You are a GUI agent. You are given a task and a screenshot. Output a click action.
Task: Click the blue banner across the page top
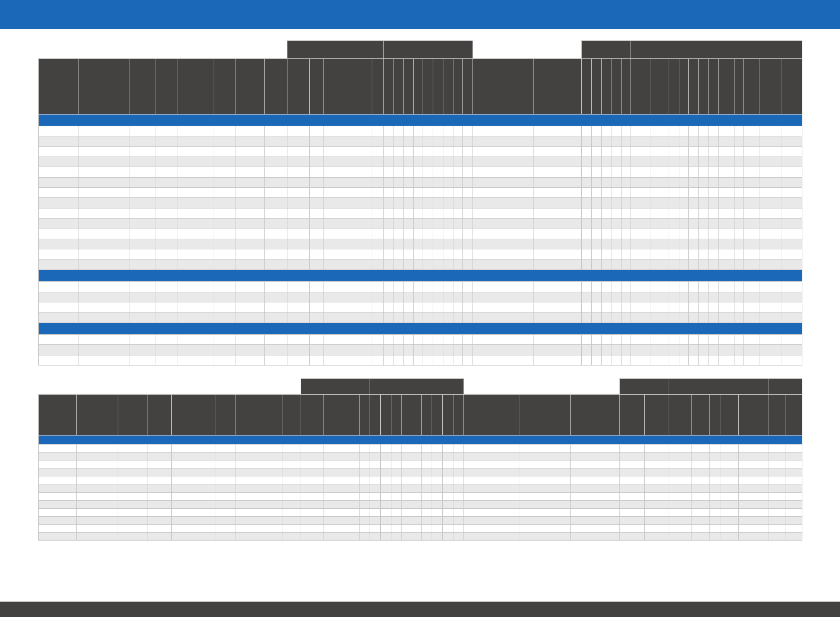[420, 14]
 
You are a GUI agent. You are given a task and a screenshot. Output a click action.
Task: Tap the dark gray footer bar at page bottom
[420, 609]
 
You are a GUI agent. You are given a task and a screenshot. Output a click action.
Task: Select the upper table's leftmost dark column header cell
[58, 86]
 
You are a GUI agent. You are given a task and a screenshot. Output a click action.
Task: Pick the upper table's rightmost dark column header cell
[792, 86]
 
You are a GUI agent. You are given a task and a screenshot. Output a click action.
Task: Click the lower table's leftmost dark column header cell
[57, 414]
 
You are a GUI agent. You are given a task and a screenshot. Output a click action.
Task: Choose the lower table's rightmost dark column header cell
[793, 414]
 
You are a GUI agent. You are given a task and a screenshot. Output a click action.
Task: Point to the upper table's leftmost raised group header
[335, 49]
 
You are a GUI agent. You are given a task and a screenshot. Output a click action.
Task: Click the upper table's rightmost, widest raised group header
[716, 49]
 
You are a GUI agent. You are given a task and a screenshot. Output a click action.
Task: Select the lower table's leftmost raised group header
[335, 386]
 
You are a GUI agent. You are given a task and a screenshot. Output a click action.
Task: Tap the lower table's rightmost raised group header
[785, 386]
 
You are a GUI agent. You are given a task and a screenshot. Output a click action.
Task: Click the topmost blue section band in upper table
[420, 120]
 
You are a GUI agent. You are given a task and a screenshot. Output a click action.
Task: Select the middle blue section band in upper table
[420, 275]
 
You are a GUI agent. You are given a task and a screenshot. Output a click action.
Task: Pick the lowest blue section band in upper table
[420, 328]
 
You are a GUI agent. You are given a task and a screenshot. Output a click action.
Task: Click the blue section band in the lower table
[420, 440]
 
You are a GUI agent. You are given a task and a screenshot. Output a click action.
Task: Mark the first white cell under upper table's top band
[58, 131]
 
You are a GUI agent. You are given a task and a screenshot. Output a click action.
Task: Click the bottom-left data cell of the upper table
[58, 360]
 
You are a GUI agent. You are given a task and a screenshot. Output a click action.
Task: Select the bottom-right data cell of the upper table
[792, 360]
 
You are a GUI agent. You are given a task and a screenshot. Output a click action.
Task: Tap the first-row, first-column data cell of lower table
[57, 448]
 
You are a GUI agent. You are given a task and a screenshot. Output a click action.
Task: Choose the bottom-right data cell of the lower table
[793, 536]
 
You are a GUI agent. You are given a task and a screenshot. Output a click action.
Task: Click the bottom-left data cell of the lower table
[57, 536]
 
